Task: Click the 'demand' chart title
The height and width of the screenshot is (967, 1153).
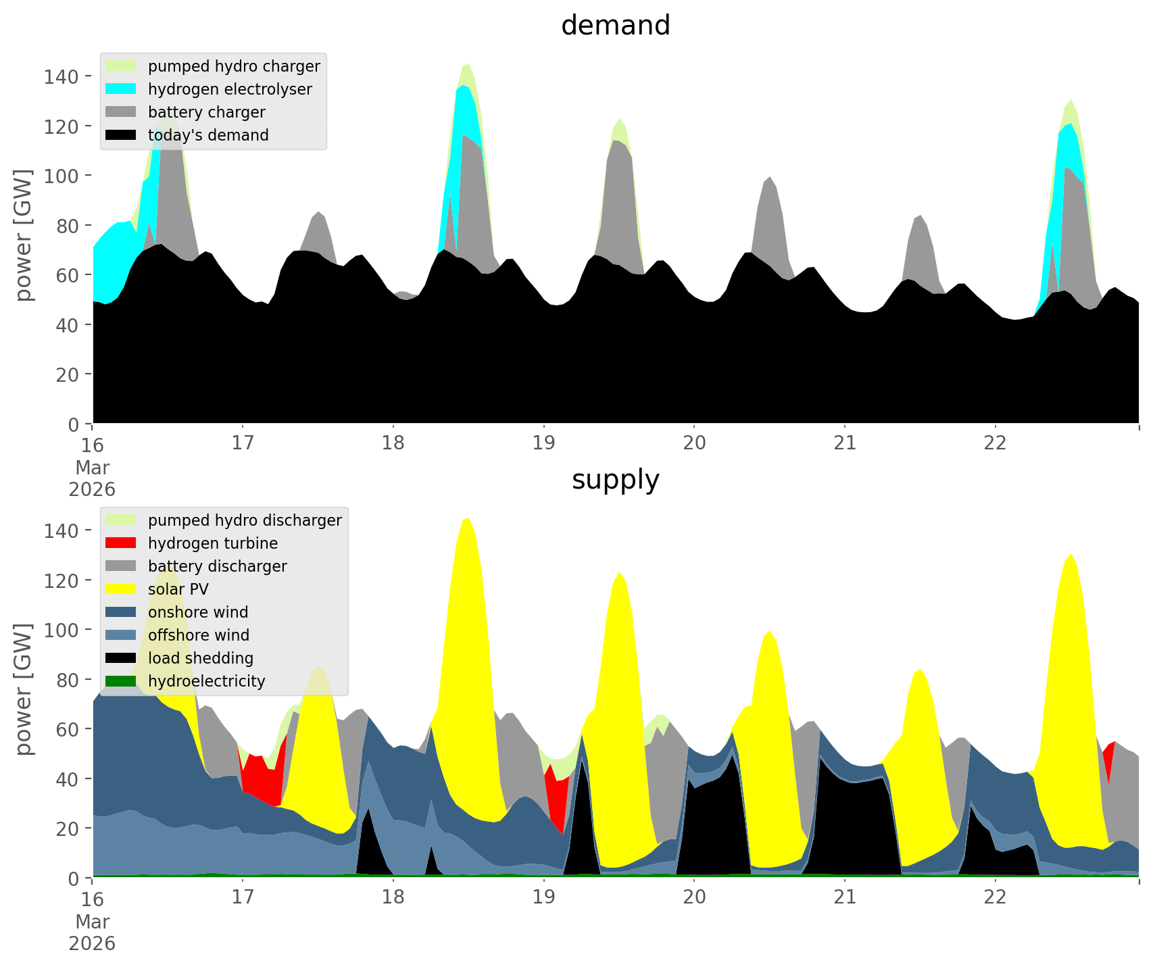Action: (615, 26)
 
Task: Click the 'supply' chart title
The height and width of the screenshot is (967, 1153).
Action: (615, 480)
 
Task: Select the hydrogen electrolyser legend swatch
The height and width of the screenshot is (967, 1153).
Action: (121, 89)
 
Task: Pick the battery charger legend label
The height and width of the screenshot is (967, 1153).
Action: (206, 112)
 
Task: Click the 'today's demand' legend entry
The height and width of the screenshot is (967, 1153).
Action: (208, 135)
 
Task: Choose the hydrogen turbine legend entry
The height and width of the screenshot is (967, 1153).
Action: (212, 543)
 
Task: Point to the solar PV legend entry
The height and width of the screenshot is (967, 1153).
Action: (178, 589)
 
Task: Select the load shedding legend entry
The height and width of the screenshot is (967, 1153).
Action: (200, 658)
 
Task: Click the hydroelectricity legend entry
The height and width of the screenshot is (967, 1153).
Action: (206, 681)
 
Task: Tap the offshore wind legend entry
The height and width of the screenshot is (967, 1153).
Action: (198, 635)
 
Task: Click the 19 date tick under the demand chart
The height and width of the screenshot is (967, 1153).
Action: (543, 444)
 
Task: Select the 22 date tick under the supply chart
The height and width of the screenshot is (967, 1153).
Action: (995, 898)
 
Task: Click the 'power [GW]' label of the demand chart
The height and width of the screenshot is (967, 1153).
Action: (24, 235)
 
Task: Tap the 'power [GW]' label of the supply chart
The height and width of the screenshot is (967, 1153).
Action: (24, 689)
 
